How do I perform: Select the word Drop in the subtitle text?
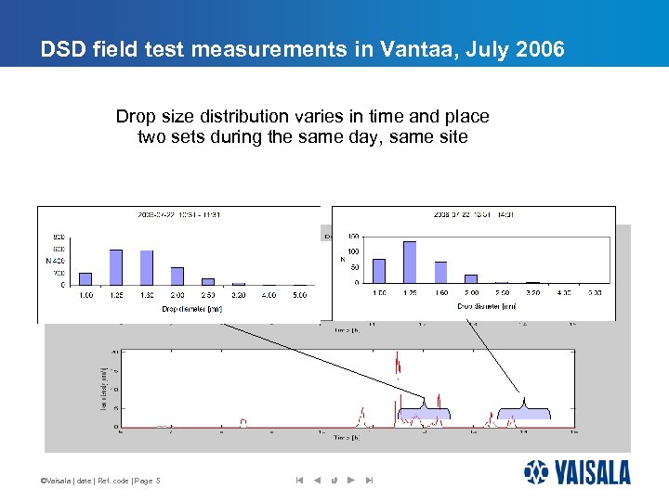pos(135,117)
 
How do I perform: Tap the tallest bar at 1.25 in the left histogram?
pos(116,267)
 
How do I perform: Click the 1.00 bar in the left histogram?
pos(85,278)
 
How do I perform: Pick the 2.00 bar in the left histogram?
pos(177,276)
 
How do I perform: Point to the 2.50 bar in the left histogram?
pos(208,281)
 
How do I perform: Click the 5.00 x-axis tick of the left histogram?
pos(299,295)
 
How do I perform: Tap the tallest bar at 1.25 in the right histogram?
pos(410,262)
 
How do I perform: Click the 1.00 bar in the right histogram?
pos(379,271)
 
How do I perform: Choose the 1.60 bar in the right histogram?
pos(440,272)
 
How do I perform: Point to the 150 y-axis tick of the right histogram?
pos(353,238)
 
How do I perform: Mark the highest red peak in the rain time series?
pos(398,356)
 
